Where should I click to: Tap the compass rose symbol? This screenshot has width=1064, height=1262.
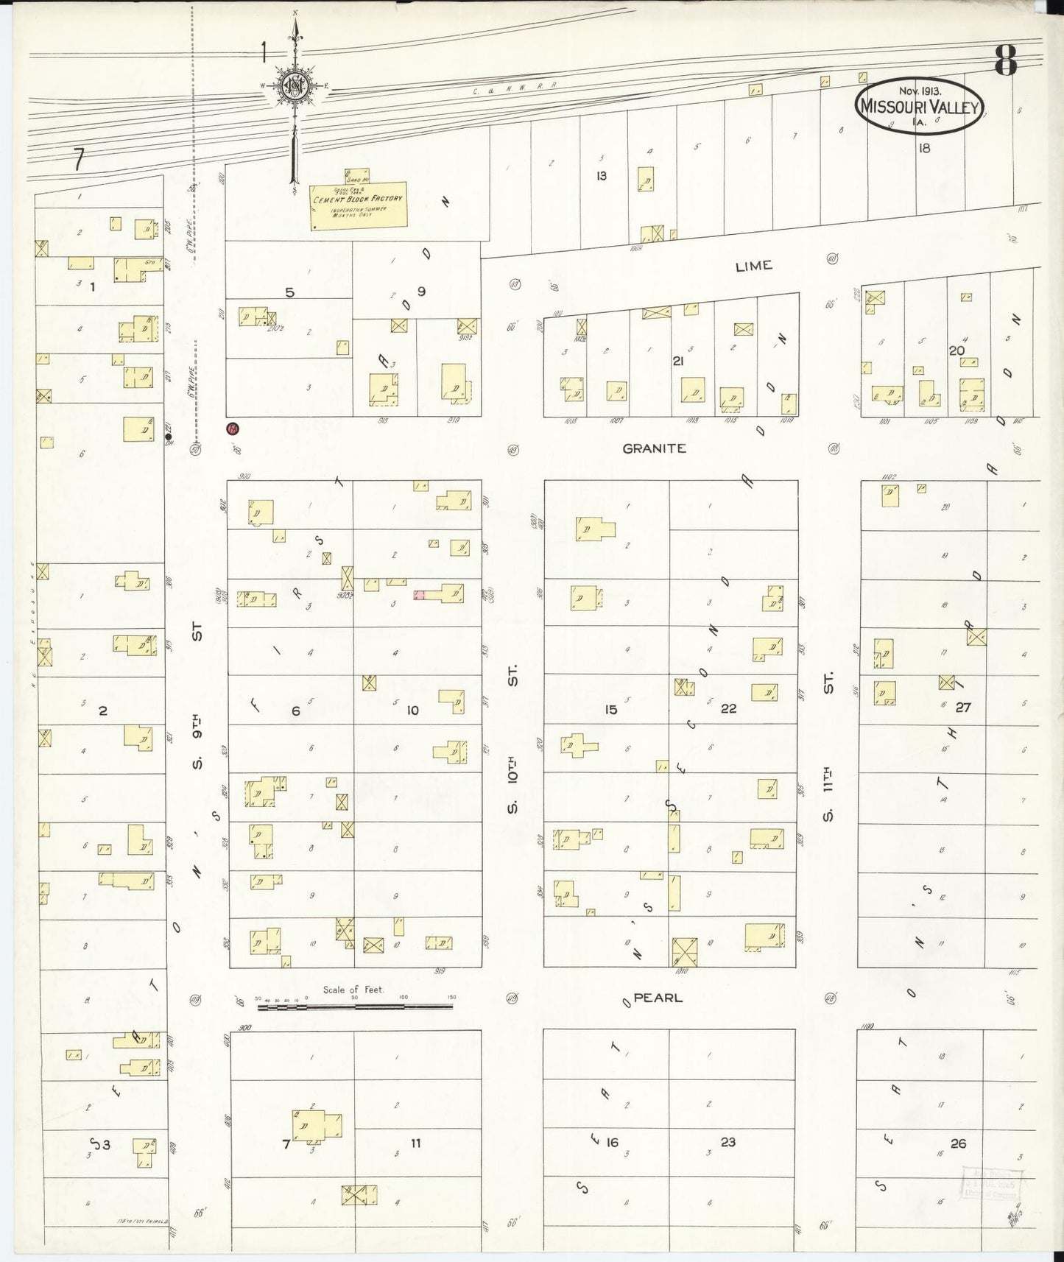(x=295, y=86)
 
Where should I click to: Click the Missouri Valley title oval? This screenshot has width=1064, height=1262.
(x=919, y=106)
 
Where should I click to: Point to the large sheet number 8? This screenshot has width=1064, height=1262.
(x=1006, y=60)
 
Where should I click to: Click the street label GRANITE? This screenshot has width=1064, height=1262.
(x=654, y=448)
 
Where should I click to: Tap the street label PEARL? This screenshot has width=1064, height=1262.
(x=658, y=998)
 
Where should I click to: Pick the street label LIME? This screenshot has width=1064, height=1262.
(x=753, y=266)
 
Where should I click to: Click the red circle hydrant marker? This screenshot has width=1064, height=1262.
(x=233, y=429)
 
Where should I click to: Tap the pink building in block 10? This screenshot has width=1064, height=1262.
(x=419, y=594)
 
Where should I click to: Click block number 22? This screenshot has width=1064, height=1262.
(x=728, y=708)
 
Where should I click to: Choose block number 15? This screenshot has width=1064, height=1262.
(x=610, y=710)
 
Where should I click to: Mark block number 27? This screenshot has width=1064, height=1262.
(x=963, y=708)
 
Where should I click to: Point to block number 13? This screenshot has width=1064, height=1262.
(x=602, y=176)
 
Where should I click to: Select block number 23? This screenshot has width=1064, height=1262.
(x=727, y=1143)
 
